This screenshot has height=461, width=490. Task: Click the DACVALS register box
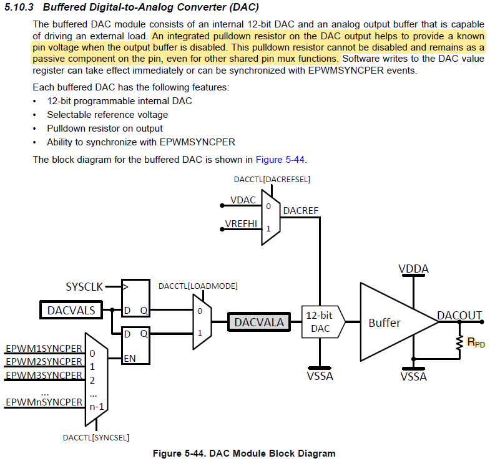click(x=71, y=310)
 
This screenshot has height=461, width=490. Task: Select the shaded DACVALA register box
click(x=259, y=322)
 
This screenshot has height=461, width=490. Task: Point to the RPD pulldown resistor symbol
click(x=459, y=342)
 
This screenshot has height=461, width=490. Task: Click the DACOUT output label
click(x=459, y=316)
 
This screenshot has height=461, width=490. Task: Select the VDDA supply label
click(x=413, y=269)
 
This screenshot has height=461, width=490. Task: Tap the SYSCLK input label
click(x=84, y=287)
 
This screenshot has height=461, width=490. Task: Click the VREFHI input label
click(x=241, y=223)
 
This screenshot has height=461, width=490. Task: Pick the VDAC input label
click(x=243, y=200)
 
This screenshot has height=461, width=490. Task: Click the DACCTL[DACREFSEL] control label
click(x=272, y=180)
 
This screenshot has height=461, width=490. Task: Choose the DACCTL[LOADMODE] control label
click(x=198, y=286)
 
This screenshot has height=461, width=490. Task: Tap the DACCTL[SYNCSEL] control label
click(x=96, y=437)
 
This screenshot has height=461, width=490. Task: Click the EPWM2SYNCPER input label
click(x=44, y=361)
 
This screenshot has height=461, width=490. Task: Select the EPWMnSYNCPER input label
click(x=44, y=402)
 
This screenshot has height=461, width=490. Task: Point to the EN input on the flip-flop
click(x=130, y=358)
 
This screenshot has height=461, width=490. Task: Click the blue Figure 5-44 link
click(x=280, y=160)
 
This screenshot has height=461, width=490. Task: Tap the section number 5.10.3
click(x=19, y=7)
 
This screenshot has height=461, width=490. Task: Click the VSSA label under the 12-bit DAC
click(x=320, y=376)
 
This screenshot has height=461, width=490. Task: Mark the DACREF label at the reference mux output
click(x=301, y=211)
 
